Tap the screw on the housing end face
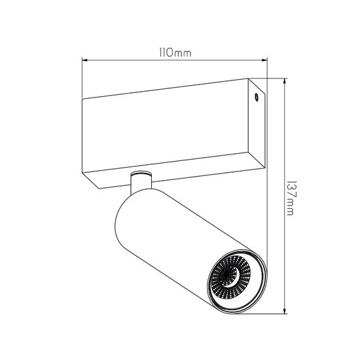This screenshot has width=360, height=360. [256, 98]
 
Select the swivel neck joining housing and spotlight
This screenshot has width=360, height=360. [140, 183]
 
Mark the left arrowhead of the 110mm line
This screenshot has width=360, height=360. [83, 60]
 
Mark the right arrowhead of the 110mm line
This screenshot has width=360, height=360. [266, 60]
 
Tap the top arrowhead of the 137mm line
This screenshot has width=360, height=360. [286, 82]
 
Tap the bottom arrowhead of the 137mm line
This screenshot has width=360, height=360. [286, 310]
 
